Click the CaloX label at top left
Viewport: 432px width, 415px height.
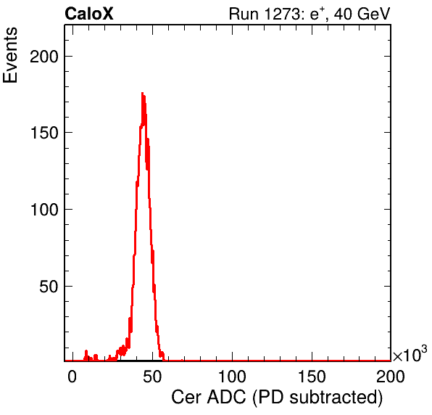click(x=89, y=14)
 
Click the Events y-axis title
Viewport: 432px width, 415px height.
click(x=10, y=54)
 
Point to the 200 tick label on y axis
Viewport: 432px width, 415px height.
click(x=44, y=57)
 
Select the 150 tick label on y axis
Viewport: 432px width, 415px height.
click(x=44, y=133)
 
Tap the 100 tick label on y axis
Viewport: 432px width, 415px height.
click(x=44, y=210)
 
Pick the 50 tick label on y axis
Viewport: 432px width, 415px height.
click(x=49, y=287)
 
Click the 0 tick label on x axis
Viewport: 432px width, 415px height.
click(x=72, y=377)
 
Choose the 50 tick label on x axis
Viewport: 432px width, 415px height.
click(x=152, y=377)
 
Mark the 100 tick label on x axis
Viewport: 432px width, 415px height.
click(x=232, y=377)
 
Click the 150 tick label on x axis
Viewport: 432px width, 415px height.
click(x=312, y=377)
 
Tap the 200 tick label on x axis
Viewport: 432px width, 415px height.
click(x=391, y=377)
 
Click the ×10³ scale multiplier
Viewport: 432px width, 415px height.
click(x=410, y=353)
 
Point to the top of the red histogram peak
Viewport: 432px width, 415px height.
click(x=143, y=93)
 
